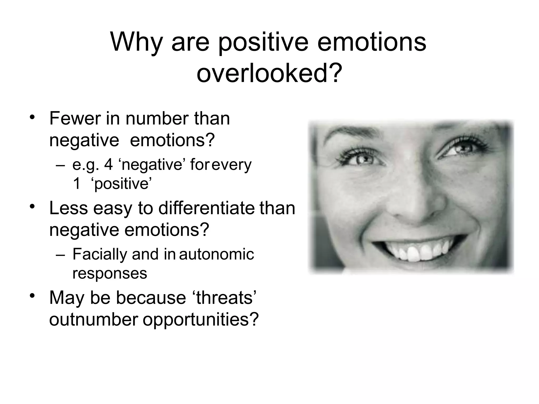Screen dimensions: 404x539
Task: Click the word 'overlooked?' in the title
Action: pyautogui.click(x=269, y=73)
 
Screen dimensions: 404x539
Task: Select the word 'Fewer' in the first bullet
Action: pyautogui.click(x=75, y=119)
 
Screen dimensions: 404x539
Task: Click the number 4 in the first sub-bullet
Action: pyautogui.click(x=108, y=165)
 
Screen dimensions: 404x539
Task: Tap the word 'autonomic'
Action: pyautogui.click(x=216, y=254)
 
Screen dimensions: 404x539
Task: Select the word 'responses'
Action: pyautogui.click(x=109, y=273)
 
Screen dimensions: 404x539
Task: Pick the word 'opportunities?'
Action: pyautogui.click(x=201, y=319)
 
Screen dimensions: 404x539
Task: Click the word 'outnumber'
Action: pyautogui.click(x=93, y=319)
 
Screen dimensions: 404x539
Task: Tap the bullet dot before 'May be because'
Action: pyautogui.click(x=32, y=296)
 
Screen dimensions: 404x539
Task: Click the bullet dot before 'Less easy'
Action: pyautogui.click(x=32, y=206)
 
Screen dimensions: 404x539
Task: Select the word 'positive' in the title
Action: pyautogui.click(x=263, y=42)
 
